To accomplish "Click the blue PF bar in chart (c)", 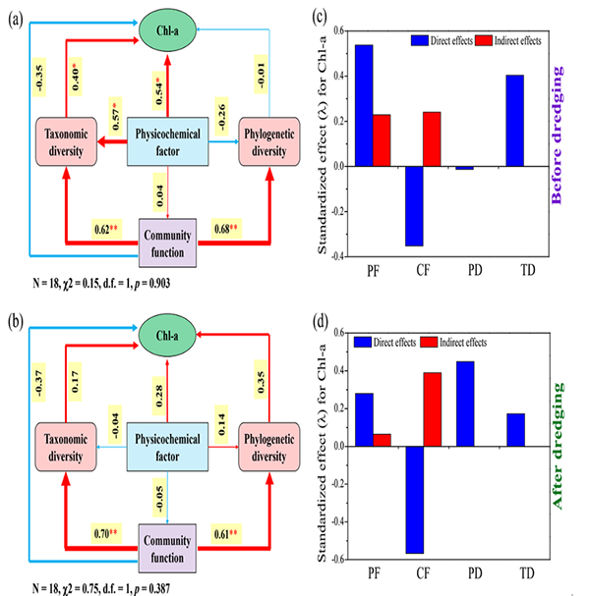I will click(x=364, y=105).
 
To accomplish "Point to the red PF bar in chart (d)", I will click(x=383, y=439).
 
